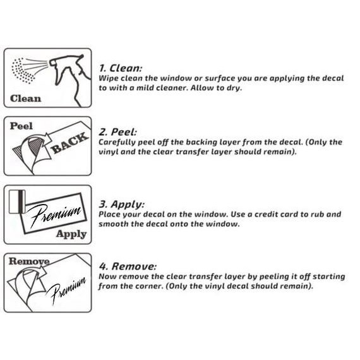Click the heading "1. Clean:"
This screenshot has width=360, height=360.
tap(121, 68)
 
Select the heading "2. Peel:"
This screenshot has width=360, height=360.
tap(118, 132)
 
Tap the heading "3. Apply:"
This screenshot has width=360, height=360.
tap(122, 204)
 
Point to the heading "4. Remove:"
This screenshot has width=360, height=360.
tap(128, 267)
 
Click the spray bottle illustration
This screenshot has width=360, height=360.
tap(70, 78)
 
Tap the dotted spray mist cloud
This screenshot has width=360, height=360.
tap(23, 71)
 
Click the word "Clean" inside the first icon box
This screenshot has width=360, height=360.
tap(25, 99)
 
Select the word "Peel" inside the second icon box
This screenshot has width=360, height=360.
tap(21, 126)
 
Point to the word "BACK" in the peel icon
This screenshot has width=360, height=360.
tap(69, 143)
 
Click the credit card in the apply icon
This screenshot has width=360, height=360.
tap(17, 201)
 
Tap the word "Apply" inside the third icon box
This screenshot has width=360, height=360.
tap(71, 234)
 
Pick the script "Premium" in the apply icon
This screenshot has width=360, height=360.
tap(55, 215)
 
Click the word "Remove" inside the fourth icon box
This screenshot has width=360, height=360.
tap(29, 261)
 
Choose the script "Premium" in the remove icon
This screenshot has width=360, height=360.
tap(67, 290)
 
